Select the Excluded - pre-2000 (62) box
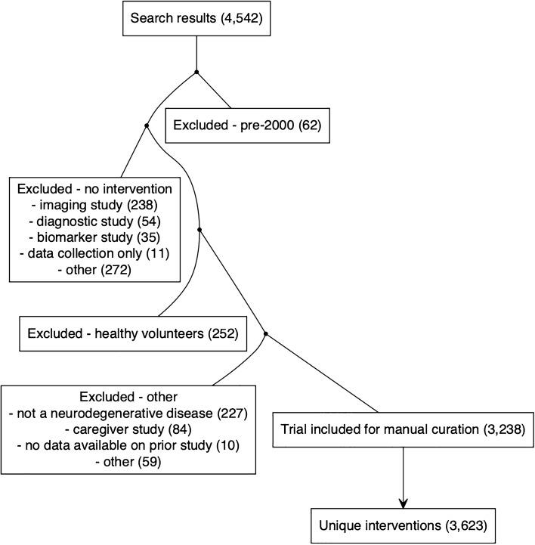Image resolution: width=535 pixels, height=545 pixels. click(247, 125)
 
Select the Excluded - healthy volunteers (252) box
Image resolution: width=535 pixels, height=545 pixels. click(132, 333)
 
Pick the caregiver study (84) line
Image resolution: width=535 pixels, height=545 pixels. click(127, 429)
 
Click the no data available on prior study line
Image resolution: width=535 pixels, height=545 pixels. click(127, 446)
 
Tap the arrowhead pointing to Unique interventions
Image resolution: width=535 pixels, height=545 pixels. click(403, 502)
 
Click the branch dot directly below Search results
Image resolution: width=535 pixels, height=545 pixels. click(196, 72)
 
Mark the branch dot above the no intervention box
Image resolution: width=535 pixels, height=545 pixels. click(146, 125)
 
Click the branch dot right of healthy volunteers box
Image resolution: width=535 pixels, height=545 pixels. click(266, 333)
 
